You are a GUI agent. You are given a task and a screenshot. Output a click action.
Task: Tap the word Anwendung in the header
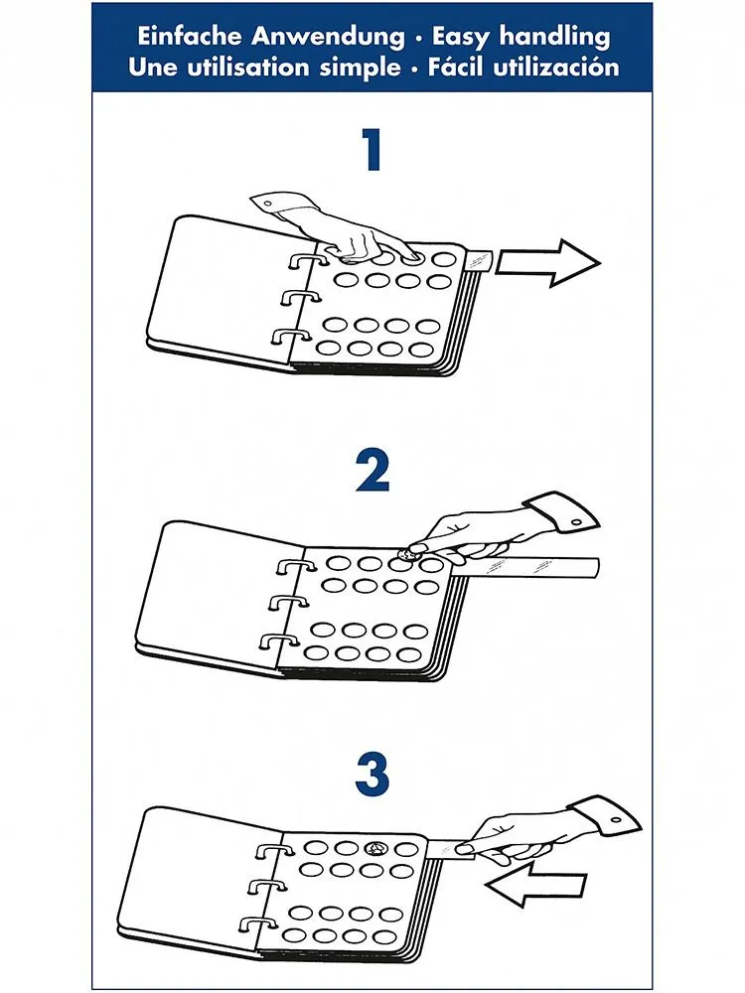328,37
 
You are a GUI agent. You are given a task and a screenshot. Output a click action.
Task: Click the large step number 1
372,150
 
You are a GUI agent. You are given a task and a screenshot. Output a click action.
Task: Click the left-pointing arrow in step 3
535,887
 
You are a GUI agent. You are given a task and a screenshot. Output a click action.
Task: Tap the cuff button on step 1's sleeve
266,205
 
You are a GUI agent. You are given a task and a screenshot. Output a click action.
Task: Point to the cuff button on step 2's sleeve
576,522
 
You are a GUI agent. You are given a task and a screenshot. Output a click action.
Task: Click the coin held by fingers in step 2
406,555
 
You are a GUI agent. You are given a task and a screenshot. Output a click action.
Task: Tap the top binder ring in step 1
303,263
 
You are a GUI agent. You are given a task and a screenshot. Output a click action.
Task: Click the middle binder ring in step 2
289,603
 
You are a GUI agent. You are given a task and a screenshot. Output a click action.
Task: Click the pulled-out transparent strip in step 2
525,567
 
